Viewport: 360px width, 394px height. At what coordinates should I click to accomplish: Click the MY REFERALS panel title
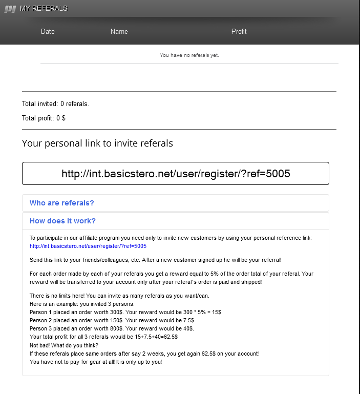(x=44, y=8)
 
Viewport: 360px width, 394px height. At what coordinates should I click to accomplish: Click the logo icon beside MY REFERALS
(x=10, y=8)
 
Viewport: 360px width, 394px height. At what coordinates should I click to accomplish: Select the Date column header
(x=48, y=31)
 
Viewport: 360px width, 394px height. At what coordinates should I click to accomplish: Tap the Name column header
(x=119, y=31)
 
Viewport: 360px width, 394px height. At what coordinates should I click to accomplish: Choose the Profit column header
(x=239, y=31)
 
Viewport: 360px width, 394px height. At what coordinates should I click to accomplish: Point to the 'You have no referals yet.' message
(x=189, y=55)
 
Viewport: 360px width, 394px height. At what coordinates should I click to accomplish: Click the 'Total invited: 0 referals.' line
(x=55, y=103)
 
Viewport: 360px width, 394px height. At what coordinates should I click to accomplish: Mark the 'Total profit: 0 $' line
(x=44, y=118)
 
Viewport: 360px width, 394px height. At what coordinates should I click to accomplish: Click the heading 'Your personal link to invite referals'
(x=97, y=143)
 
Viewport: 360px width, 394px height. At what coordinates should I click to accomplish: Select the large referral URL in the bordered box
(x=176, y=173)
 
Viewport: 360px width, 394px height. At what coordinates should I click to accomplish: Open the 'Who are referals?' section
(x=62, y=203)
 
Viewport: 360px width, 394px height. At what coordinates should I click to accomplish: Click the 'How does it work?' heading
(x=62, y=221)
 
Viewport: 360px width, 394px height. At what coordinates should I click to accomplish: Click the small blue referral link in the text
(x=88, y=246)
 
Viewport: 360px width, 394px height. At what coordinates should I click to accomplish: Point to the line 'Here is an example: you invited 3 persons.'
(x=82, y=304)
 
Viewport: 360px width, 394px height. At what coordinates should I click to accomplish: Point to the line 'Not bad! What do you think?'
(x=63, y=345)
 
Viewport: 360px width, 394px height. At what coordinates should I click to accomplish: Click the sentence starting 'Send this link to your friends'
(x=156, y=260)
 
